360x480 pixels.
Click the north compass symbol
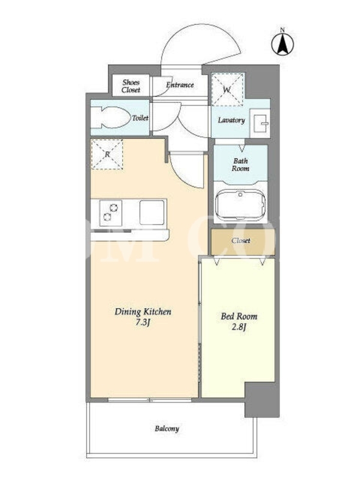[x=283, y=43]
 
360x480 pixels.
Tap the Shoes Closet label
[x=131, y=86]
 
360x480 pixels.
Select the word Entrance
[x=180, y=85]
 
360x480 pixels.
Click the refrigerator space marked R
[x=107, y=154]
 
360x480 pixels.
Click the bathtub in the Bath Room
[x=240, y=204]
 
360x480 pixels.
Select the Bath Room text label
[x=241, y=164]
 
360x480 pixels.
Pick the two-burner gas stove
[x=110, y=212]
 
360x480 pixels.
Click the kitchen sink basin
[x=152, y=212]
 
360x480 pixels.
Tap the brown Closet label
[x=241, y=241]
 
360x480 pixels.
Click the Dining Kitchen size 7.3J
[x=143, y=322]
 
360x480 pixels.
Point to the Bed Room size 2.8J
[x=239, y=327]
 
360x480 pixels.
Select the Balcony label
[x=167, y=428]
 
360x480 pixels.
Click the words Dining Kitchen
[x=143, y=312]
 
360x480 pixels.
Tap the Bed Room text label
[x=239, y=316]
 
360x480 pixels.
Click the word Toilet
[x=140, y=118]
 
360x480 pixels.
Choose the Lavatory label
[x=232, y=121]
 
